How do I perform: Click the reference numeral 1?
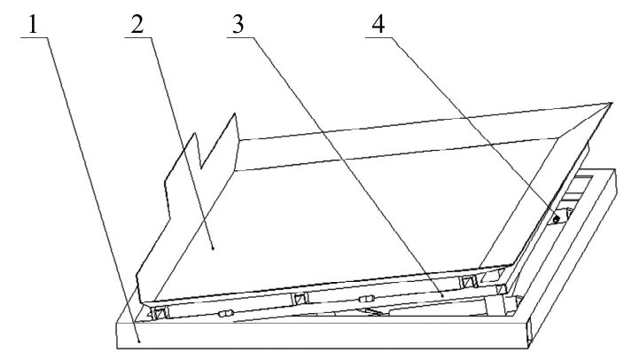33,25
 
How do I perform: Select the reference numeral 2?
136,25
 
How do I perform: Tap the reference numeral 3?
238,25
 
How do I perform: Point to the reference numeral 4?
378,25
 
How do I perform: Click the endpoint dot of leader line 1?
139,340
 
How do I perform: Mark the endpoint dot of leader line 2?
214,248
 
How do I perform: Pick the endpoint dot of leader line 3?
443,295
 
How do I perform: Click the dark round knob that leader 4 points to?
557,219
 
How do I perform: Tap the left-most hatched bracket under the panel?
160,313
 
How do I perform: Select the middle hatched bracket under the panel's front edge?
300,298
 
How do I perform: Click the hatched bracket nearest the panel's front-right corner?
468,282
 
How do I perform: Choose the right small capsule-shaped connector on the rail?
365,299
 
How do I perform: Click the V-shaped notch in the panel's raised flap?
201,168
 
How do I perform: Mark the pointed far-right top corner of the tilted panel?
611,104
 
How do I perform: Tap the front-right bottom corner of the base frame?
528,348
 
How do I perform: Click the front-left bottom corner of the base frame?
117,348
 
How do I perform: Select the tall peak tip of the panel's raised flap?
235,113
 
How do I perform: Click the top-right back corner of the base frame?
615,169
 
